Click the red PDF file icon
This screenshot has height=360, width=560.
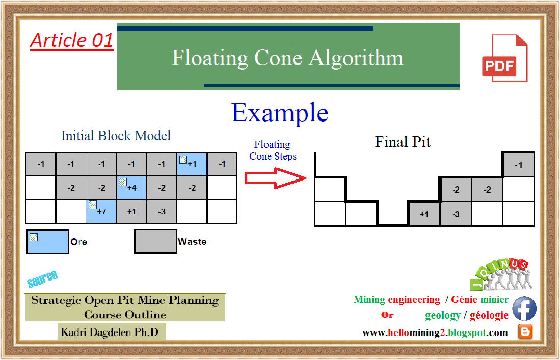point(504,58)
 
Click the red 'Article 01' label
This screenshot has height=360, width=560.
point(72,40)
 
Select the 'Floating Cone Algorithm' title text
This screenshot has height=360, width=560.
point(287,58)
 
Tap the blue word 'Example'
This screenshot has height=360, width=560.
point(280,113)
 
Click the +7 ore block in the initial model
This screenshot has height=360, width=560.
point(101,211)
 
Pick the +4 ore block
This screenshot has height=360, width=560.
point(131,188)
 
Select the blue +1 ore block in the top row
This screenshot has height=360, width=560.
point(192,164)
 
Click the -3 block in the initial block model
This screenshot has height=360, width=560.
point(162,211)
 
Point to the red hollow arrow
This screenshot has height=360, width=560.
point(272,178)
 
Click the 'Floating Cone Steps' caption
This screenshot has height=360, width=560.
point(273,150)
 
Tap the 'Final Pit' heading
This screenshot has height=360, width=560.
point(403,141)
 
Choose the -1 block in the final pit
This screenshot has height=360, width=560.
point(518,165)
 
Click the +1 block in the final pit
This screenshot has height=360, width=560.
point(424,214)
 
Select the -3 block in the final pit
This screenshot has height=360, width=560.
point(456,214)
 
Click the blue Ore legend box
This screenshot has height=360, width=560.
point(48,242)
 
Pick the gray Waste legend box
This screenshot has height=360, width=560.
point(155,241)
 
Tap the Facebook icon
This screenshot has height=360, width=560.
point(524,309)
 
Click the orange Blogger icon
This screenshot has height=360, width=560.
point(525,332)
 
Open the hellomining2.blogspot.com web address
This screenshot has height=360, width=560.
point(435,333)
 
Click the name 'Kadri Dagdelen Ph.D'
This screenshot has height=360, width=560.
point(110,332)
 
